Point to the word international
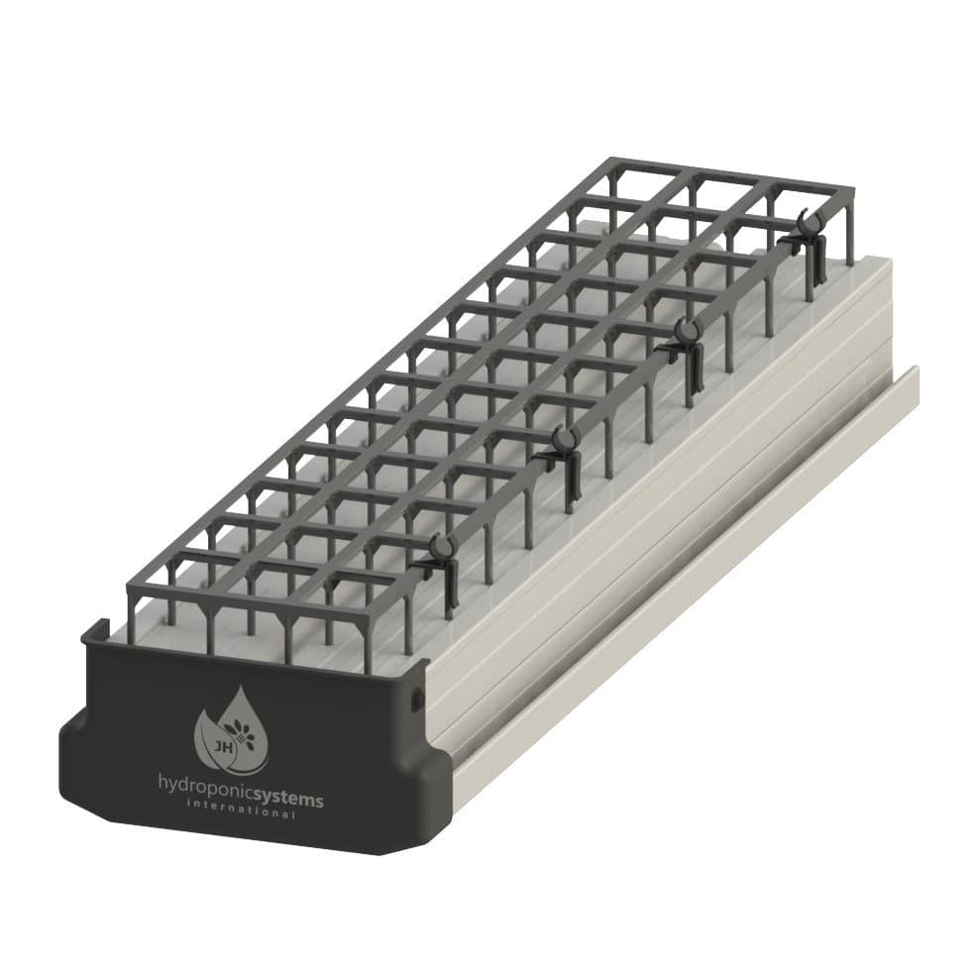point(241,814)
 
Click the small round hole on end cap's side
point(417,701)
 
